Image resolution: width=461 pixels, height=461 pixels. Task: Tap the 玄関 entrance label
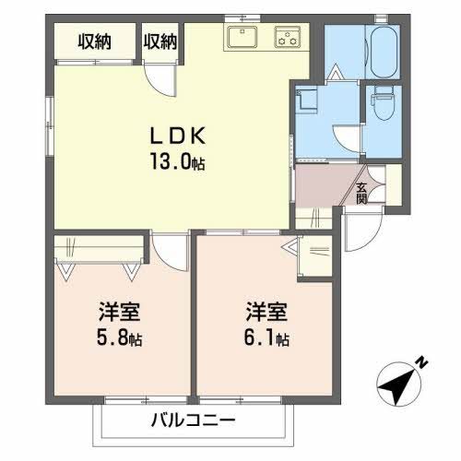[361, 190]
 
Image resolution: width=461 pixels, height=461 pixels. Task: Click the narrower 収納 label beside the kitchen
[160, 41]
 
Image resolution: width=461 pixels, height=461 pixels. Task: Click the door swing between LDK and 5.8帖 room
[169, 247]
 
